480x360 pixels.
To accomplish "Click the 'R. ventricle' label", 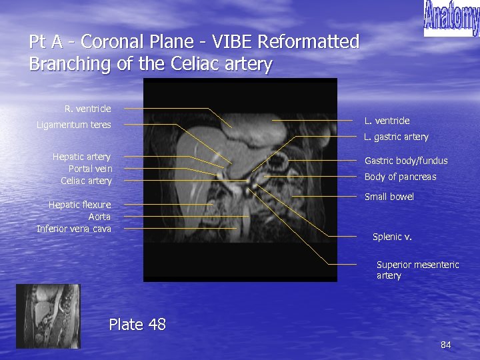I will (88, 108).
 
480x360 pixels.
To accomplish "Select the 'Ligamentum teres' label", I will (74, 125).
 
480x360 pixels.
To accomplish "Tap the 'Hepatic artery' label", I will (81, 157).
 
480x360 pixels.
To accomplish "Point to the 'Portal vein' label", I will (90, 169).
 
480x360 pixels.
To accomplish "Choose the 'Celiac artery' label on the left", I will (86, 181).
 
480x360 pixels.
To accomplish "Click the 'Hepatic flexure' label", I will (79, 205).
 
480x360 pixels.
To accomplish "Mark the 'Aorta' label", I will (99, 217).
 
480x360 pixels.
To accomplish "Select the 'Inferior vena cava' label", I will (74, 229).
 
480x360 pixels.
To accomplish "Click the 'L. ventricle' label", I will (387, 121).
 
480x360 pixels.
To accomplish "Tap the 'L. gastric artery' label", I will (396, 137).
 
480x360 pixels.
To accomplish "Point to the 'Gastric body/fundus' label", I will (406, 161).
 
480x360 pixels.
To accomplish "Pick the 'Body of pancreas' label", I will (400, 177).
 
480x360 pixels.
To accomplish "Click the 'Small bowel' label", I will (389, 197).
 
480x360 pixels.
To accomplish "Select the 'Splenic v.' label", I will (392, 237).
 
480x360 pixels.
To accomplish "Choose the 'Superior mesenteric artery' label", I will (417, 270).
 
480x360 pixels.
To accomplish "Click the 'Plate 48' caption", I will (137, 325).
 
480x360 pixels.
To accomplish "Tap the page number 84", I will (446, 345).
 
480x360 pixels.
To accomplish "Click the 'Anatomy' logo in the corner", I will (451, 17).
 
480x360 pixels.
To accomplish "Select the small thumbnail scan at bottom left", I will (47, 312).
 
